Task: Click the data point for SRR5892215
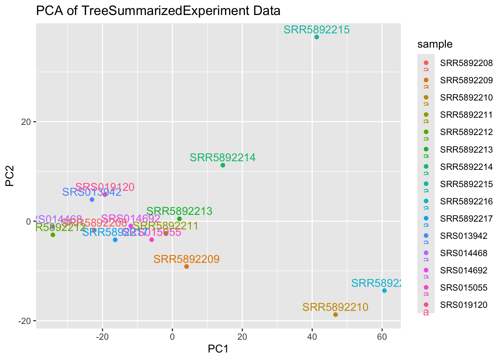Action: (x=316, y=37)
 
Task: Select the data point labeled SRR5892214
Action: (x=223, y=165)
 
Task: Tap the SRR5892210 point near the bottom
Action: (x=335, y=315)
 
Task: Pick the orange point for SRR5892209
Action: (x=186, y=267)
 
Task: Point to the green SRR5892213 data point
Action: (x=179, y=219)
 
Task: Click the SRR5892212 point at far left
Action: (x=53, y=235)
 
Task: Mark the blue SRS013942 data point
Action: (x=92, y=199)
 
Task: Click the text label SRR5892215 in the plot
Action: (x=316, y=30)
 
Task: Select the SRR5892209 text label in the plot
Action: (x=186, y=259)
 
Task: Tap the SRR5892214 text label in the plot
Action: (x=223, y=157)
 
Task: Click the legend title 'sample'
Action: (x=435, y=44)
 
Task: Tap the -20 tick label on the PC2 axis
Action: (x=24, y=321)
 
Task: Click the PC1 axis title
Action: (x=218, y=349)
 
